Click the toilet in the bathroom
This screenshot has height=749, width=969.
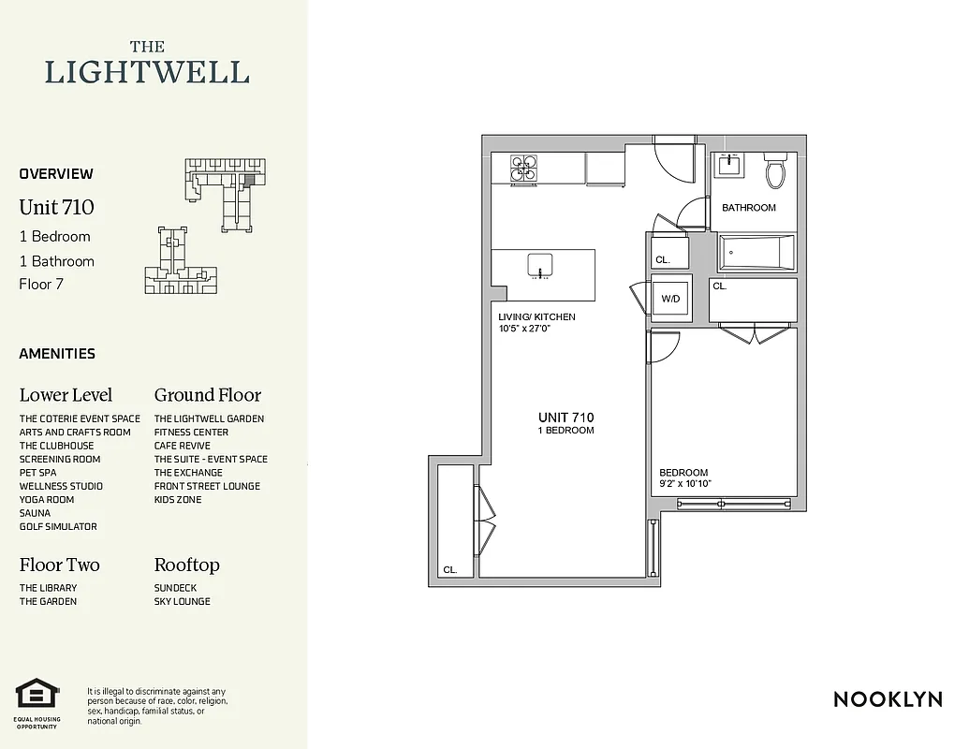tap(775, 171)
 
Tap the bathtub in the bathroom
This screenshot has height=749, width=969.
tap(756, 251)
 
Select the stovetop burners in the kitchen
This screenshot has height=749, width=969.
tap(523, 168)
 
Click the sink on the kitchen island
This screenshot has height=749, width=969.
tap(540, 265)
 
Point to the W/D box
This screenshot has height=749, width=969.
tap(670, 300)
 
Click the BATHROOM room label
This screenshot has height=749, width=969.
tap(748, 208)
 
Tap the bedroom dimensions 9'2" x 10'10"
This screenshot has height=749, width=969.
tap(685, 483)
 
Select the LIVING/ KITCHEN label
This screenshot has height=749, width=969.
tap(536, 317)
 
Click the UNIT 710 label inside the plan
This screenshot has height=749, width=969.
tap(565, 418)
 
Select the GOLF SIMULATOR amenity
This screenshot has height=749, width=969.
tap(58, 527)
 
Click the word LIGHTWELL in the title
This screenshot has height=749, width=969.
tap(148, 72)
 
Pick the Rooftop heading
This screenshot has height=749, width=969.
tap(186, 565)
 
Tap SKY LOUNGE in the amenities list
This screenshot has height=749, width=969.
tap(182, 602)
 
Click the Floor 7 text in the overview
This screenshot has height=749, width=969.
tap(41, 285)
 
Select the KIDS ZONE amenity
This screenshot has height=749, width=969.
tap(178, 500)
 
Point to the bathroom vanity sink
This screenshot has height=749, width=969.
tap(728, 166)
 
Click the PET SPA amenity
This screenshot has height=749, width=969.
tap(37, 473)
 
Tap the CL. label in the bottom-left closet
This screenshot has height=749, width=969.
tap(450, 569)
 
